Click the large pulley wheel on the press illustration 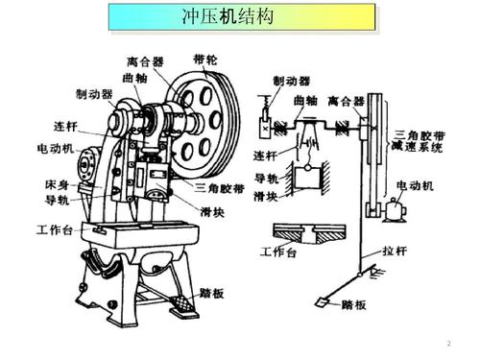point(199,122)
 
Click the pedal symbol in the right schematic point(320,303)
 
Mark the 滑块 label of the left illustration point(213,211)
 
